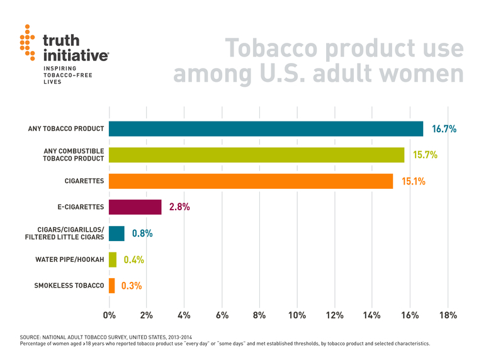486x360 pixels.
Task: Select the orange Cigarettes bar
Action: [251, 181]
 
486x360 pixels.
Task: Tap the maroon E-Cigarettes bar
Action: [135, 207]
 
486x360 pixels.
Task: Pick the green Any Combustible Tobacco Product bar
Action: [256, 155]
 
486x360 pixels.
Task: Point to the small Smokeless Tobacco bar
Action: [112, 286]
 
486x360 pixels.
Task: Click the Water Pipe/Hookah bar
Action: [113, 259]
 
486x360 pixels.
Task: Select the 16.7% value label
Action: [443, 129]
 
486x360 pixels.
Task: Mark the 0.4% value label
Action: [133, 260]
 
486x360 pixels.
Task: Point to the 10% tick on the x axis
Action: [297, 315]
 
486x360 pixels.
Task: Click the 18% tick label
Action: [447, 315]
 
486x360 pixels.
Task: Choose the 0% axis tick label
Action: [110, 315]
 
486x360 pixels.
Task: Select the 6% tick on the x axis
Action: [222, 315]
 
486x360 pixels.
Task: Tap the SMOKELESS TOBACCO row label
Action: [69, 286]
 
